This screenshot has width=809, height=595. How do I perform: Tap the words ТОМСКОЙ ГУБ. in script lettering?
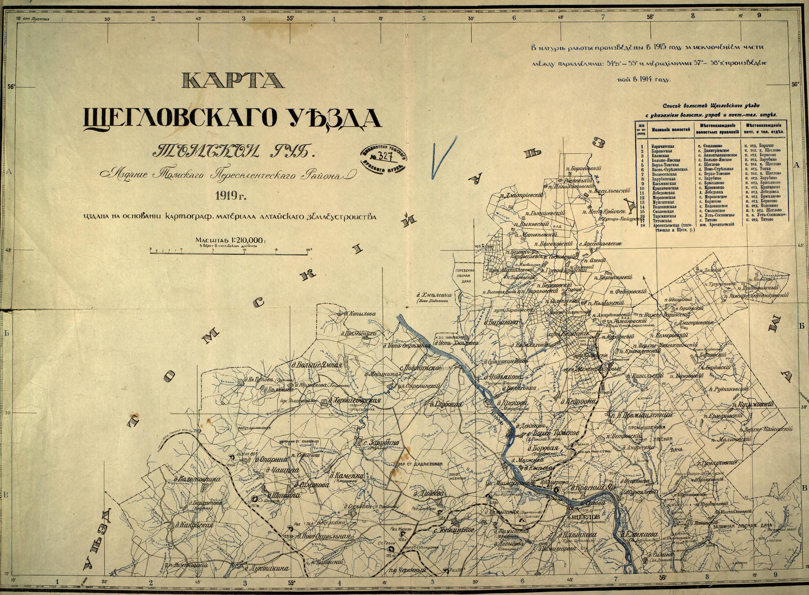(x=233, y=151)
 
